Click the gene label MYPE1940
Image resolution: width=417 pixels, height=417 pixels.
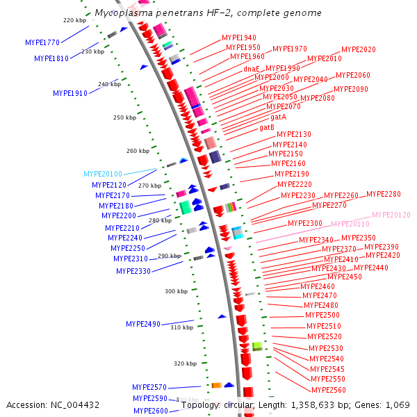coord(239,38)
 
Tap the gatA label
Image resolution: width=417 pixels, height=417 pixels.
coord(279,117)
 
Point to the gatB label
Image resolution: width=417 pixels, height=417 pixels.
coord(267,127)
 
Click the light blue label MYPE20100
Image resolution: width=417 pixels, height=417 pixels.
coord(103,174)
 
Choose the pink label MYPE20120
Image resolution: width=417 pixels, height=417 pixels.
coord(391,215)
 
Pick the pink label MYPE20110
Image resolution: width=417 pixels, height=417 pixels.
coord(350,224)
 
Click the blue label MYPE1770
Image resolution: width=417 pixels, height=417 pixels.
coord(42,42)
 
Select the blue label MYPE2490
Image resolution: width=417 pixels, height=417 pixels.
coord(143,324)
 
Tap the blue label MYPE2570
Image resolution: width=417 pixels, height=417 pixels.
coord(149,387)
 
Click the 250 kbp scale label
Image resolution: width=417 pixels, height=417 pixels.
coord(125,117)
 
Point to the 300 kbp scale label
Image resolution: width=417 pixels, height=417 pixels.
coord(176,291)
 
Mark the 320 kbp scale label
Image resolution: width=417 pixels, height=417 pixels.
coord(185,363)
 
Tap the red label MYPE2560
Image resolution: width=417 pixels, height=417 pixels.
coord(329,390)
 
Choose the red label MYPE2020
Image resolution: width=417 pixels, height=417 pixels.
coord(359,49)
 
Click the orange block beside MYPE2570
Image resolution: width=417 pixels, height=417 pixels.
coord(216,385)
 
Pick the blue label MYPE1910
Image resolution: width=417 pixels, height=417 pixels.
coord(70,93)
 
